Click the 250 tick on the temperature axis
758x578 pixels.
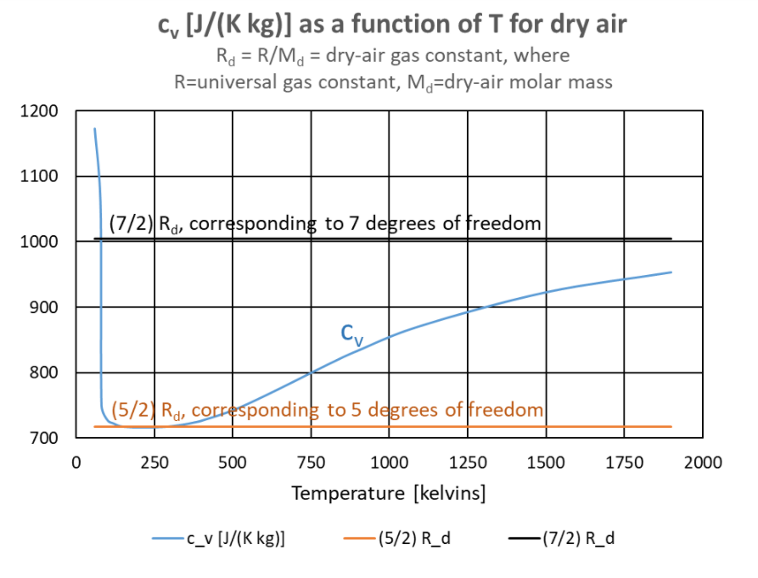(x=154, y=463)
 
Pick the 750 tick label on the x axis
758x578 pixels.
(x=311, y=463)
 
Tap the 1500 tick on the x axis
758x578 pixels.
(x=546, y=463)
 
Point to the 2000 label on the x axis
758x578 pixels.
(x=702, y=463)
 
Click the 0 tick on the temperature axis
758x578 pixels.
(x=76, y=463)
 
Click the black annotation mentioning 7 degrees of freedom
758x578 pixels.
(x=325, y=224)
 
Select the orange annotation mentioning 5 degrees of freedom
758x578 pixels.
(x=327, y=411)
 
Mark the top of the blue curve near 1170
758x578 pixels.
(x=94, y=129)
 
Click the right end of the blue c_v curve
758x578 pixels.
(x=671, y=272)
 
